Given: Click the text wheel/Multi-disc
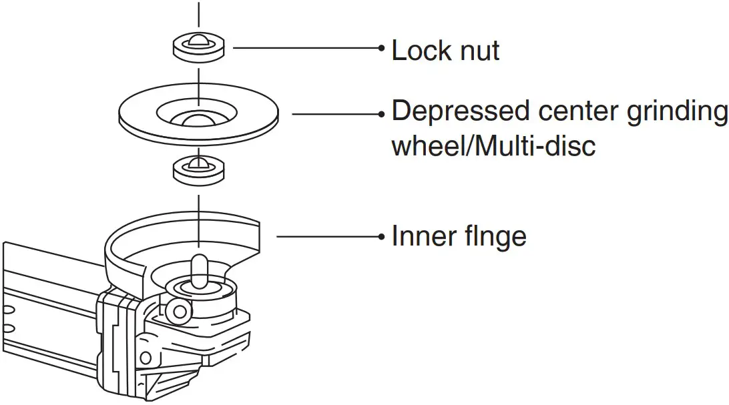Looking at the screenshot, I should pos(493,145).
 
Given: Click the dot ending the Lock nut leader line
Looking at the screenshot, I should pos(381,48).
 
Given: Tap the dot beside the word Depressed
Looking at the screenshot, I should pos(381,114).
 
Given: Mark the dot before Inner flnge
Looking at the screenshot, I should pos(381,236).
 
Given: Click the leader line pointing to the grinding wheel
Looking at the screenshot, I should pos(334,114).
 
